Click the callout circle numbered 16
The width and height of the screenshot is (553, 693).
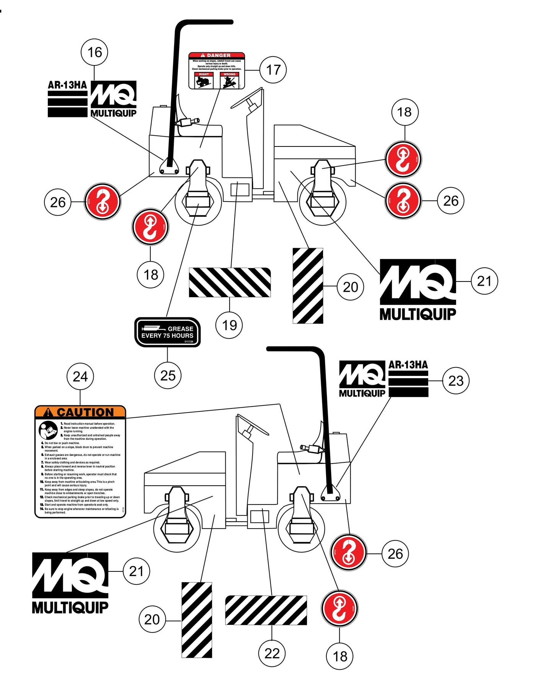pos(95,52)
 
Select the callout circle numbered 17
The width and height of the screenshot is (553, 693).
pos(273,70)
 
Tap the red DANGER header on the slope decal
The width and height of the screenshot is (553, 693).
pos(217,55)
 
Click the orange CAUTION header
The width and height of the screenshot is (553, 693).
pos(80,412)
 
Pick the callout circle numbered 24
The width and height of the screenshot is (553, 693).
pos(80,377)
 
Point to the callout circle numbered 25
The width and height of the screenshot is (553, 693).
pos(168,376)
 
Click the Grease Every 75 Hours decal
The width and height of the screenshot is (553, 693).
pos(168,332)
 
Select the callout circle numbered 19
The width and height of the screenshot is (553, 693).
pos(229,325)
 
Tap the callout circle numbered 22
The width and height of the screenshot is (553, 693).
pos(272,653)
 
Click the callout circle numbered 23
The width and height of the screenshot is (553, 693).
pos(455,381)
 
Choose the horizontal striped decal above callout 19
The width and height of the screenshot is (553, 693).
pos(230,283)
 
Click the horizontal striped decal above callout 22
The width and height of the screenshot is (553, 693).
pos(266,610)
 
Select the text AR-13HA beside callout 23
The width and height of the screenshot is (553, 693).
pos(408,365)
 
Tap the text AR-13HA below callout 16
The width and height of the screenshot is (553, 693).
pos(67,85)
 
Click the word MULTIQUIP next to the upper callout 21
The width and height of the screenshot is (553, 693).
pos(418,314)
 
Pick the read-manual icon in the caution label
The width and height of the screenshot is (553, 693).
pos(48,430)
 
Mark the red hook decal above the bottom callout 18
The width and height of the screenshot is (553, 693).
pos(339,608)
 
